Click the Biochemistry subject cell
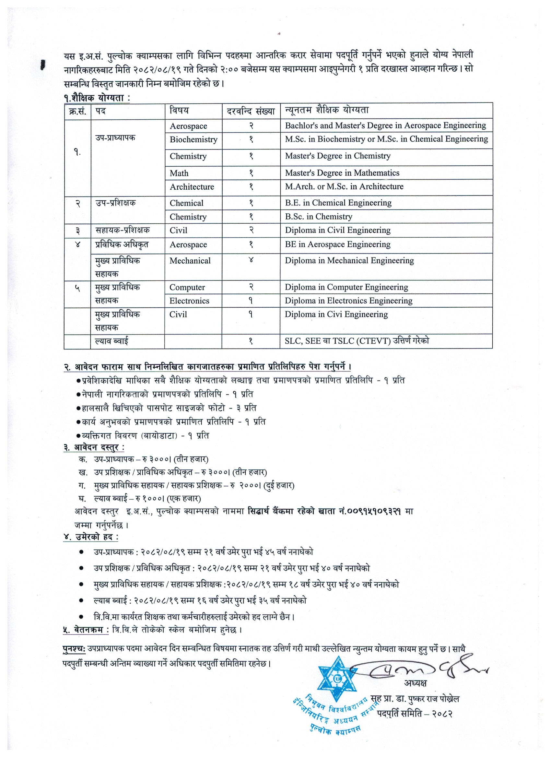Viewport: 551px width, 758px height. (193, 139)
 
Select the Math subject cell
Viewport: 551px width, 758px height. (179, 173)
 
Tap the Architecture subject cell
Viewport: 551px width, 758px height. (192, 187)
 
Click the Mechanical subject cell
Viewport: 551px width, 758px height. (190, 261)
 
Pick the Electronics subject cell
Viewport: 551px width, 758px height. (189, 301)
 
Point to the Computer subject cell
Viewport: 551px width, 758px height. (187, 288)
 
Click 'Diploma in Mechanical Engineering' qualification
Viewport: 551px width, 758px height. (349, 261)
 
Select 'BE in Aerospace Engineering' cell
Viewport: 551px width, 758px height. (337, 244)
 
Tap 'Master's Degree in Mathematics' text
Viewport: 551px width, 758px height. (342, 173)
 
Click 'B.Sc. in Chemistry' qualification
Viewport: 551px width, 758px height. (318, 217)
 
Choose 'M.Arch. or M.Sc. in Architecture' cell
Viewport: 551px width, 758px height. (344, 186)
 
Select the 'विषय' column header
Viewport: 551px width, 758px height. (179, 111)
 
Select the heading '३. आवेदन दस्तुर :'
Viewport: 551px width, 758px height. (94, 447)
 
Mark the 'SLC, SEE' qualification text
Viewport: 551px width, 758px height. (304, 341)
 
